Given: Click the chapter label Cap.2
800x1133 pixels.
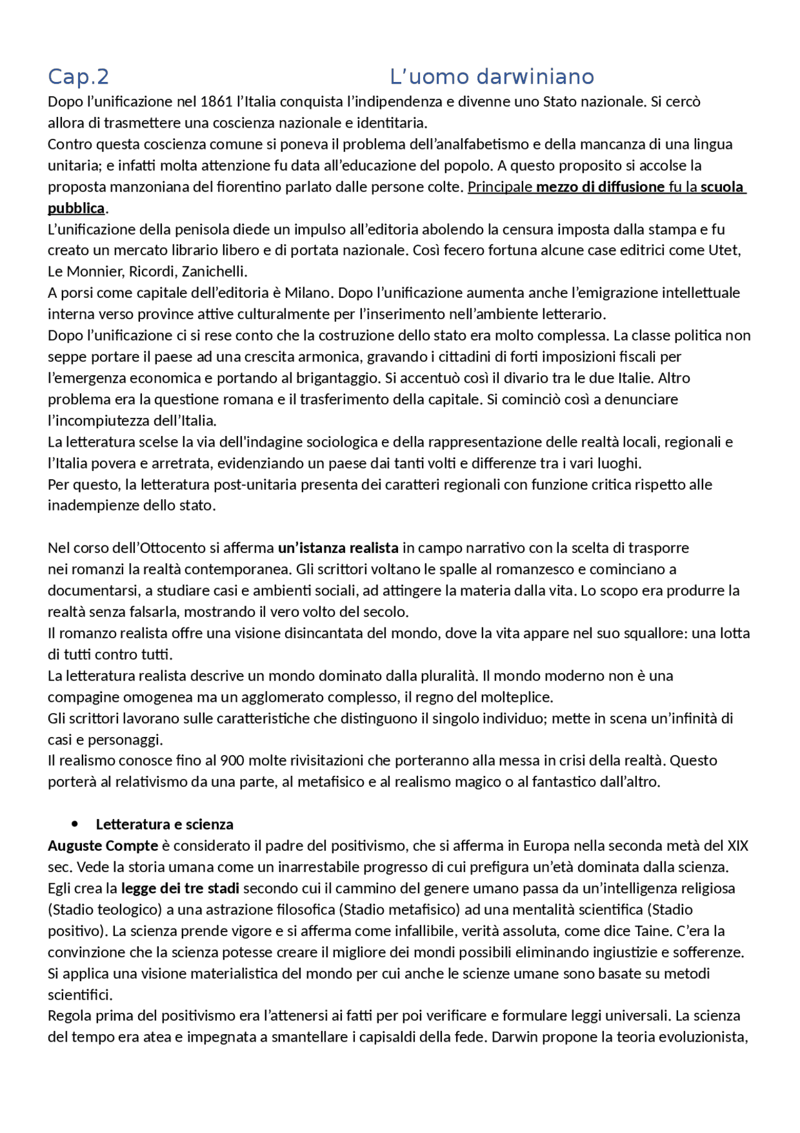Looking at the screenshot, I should pos(78,77).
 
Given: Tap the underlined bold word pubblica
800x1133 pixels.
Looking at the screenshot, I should pos(76,208).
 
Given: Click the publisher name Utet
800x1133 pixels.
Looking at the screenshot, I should pos(724,251).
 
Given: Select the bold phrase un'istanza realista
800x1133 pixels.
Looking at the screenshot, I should pos(338,549).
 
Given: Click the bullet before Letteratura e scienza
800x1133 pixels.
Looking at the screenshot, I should pos(76,825).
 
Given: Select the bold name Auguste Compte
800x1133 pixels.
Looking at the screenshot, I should pos(103,846).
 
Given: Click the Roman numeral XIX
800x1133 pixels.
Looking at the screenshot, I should pos(737,846).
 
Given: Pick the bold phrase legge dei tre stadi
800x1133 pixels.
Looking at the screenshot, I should pos(180,888).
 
